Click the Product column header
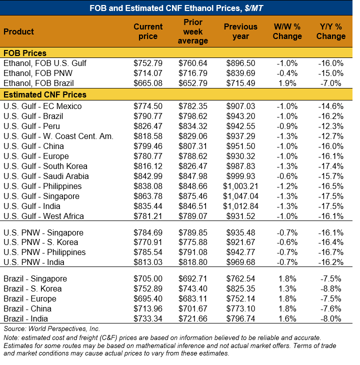click(x=18, y=31)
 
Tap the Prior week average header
click(x=192, y=31)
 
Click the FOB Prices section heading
click(x=25, y=53)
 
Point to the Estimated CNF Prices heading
click(x=44, y=94)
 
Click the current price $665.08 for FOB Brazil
click(x=148, y=83)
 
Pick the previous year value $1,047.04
click(x=240, y=196)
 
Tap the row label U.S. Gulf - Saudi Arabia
click(x=46, y=176)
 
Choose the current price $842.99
click(x=148, y=176)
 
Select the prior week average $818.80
click(x=192, y=262)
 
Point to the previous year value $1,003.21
click(x=240, y=186)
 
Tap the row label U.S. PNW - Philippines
click(x=44, y=252)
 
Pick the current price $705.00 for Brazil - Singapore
click(x=148, y=278)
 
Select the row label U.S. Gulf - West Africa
click(x=43, y=216)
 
